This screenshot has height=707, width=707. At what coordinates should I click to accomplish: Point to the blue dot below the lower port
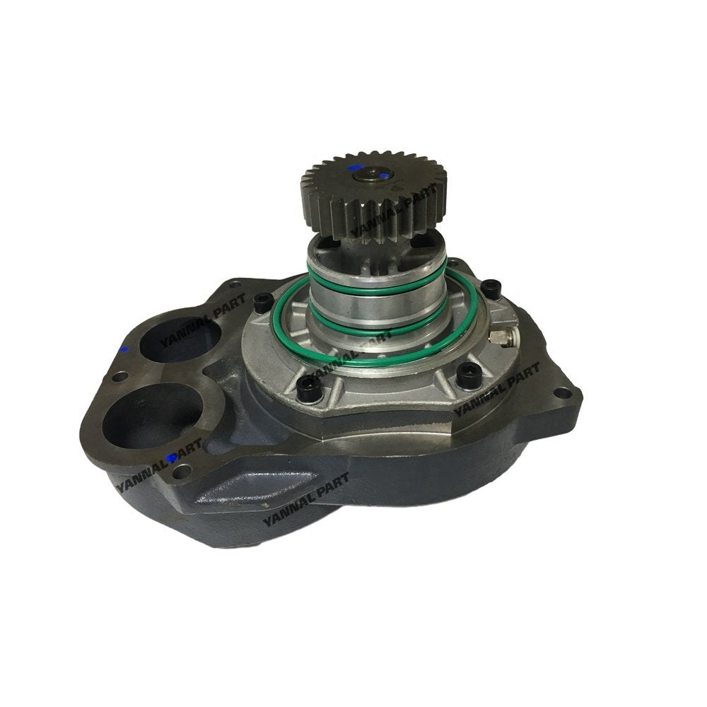tap(170, 458)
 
